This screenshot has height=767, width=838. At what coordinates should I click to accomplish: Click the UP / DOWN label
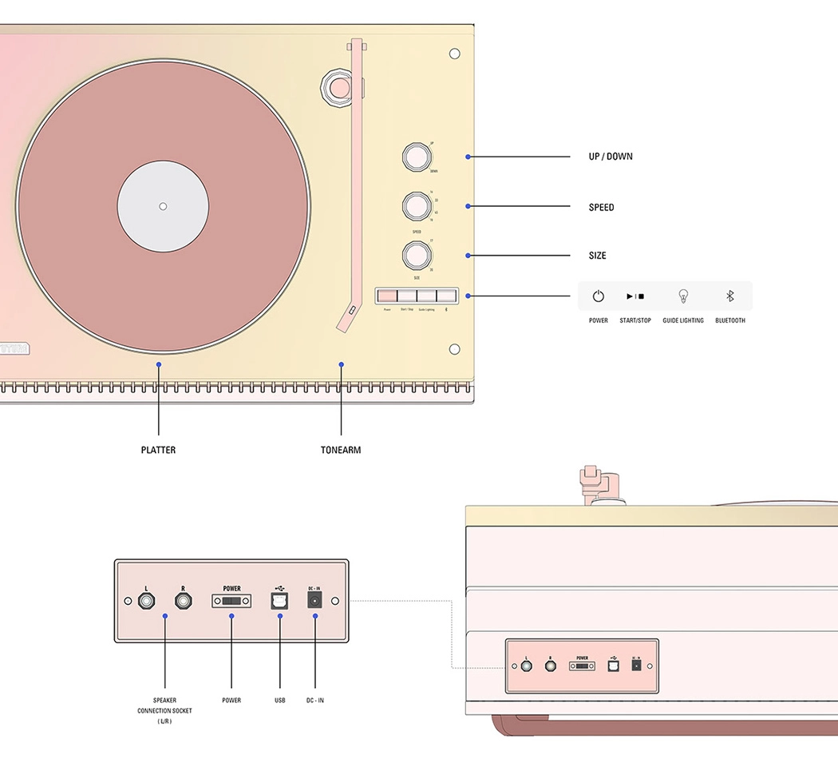pos(611,157)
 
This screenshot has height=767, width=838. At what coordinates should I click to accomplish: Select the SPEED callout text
pos(601,208)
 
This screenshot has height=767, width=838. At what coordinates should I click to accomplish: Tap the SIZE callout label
pos(597,256)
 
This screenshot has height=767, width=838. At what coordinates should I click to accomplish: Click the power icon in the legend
pos(598,296)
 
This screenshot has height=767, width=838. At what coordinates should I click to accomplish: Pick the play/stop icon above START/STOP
pos(635,296)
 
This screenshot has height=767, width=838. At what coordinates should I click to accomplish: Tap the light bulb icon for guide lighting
pos(682,296)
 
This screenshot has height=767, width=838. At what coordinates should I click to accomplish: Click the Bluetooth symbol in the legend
pos(729,296)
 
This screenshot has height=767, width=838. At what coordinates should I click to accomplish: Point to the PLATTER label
pos(158,450)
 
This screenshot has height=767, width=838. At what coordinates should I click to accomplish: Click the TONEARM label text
pos(341,450)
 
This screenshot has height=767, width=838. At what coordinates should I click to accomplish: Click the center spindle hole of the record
pos(163,206)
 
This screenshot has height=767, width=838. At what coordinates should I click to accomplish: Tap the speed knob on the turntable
pos(417,206)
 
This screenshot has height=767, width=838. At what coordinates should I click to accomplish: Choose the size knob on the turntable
pos(417,256)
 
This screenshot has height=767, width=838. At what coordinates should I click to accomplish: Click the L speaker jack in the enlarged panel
pos(147,601)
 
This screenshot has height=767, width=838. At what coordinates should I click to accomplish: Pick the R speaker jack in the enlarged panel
pos(184,601)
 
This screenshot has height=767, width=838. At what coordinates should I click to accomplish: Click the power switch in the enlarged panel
pos(231,601)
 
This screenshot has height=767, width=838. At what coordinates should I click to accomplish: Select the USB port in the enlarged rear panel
pos(280,602)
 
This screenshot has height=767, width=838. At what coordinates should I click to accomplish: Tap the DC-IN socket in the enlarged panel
pos(314,601)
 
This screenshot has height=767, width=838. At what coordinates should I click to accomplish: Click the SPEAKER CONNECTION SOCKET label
pos(164,710)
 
